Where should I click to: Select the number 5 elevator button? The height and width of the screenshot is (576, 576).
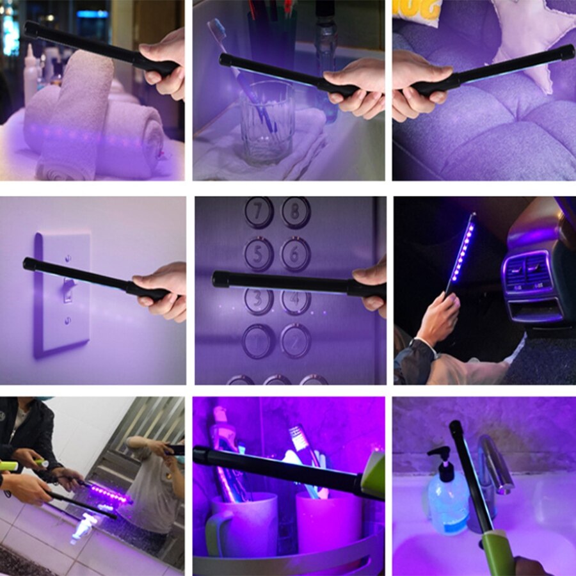point(259,254)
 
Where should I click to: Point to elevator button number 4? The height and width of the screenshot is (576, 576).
point(296,301)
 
